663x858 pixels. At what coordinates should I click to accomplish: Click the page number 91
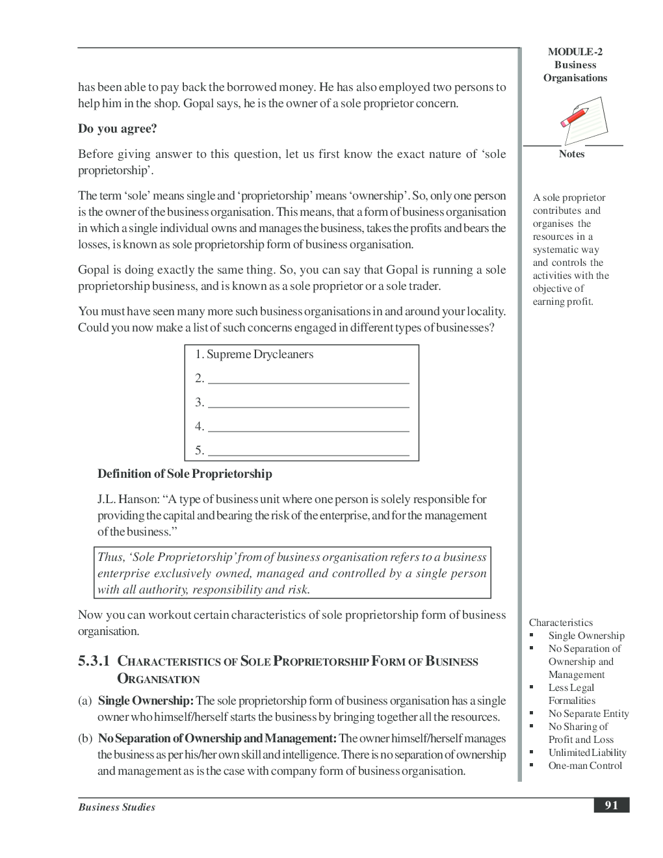point(611,805)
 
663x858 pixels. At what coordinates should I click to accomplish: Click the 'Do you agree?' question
point(118,129)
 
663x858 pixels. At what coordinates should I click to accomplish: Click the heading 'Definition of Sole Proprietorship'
point(185,474)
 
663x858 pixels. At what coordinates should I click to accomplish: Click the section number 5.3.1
point(94,662)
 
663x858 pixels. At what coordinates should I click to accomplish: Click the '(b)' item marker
point(85,738)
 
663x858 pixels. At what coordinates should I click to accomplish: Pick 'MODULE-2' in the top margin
point(575,52)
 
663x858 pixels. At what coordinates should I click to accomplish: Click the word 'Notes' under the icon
point(571,154)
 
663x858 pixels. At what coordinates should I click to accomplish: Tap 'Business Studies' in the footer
point(117,807)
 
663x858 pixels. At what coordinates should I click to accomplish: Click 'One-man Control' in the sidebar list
point(585,766)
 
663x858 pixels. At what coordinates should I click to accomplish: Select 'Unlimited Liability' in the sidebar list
point(587,753)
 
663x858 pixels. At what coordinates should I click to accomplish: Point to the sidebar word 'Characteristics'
point(560,623)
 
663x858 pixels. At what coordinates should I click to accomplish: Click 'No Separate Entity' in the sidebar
point(588,714)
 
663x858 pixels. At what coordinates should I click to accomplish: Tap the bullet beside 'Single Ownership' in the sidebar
point(532,635)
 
